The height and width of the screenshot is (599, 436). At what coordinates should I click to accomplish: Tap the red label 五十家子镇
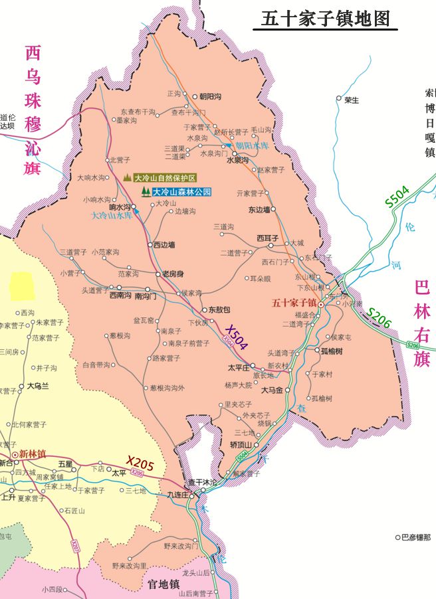click(293, 303)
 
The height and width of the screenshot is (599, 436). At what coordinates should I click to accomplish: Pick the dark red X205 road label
click(140, 464)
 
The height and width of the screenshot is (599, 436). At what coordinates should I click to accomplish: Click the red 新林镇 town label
click(32, 454)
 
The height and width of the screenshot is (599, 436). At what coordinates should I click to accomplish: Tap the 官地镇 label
click(163, 584)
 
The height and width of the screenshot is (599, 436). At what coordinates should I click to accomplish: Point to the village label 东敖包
click(219, 309)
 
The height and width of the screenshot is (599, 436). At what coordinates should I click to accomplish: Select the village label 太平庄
click(237, 367)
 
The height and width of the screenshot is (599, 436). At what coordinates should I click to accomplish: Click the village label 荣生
click(352, 100)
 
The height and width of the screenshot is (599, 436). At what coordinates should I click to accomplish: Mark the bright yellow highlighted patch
click(21, 285)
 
